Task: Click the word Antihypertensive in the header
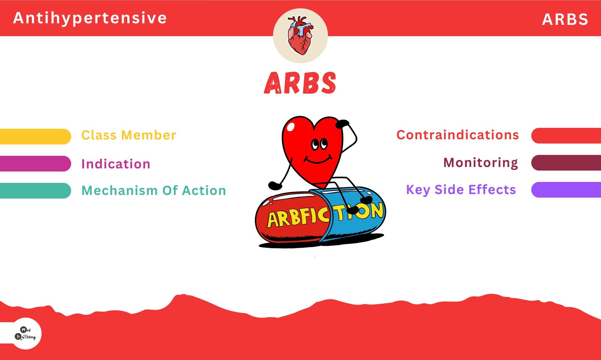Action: tap(90, 18)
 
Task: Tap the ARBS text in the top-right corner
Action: tap(565, 19)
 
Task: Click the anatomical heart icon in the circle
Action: tap(300, 35)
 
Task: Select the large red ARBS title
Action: tap(300, 83)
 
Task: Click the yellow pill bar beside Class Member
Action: tap(35, 136)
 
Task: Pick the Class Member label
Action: tap(129, 135)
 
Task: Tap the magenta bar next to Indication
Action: tap(35, 163)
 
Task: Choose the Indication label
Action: tap(116, 164)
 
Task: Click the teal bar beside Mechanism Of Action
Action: tap(35, 191)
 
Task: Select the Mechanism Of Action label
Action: tap(154, 191)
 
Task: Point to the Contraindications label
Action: tap(458, 135)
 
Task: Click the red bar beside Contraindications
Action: tap(566, 136)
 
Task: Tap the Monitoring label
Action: tap(480, 163)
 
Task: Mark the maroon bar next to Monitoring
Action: tap(566, 163)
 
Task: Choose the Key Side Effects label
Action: tap(461, 190)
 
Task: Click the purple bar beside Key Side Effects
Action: tap(566, 190)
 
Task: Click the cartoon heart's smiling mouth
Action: tap(318, 160)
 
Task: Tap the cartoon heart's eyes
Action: tap(319, 144)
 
